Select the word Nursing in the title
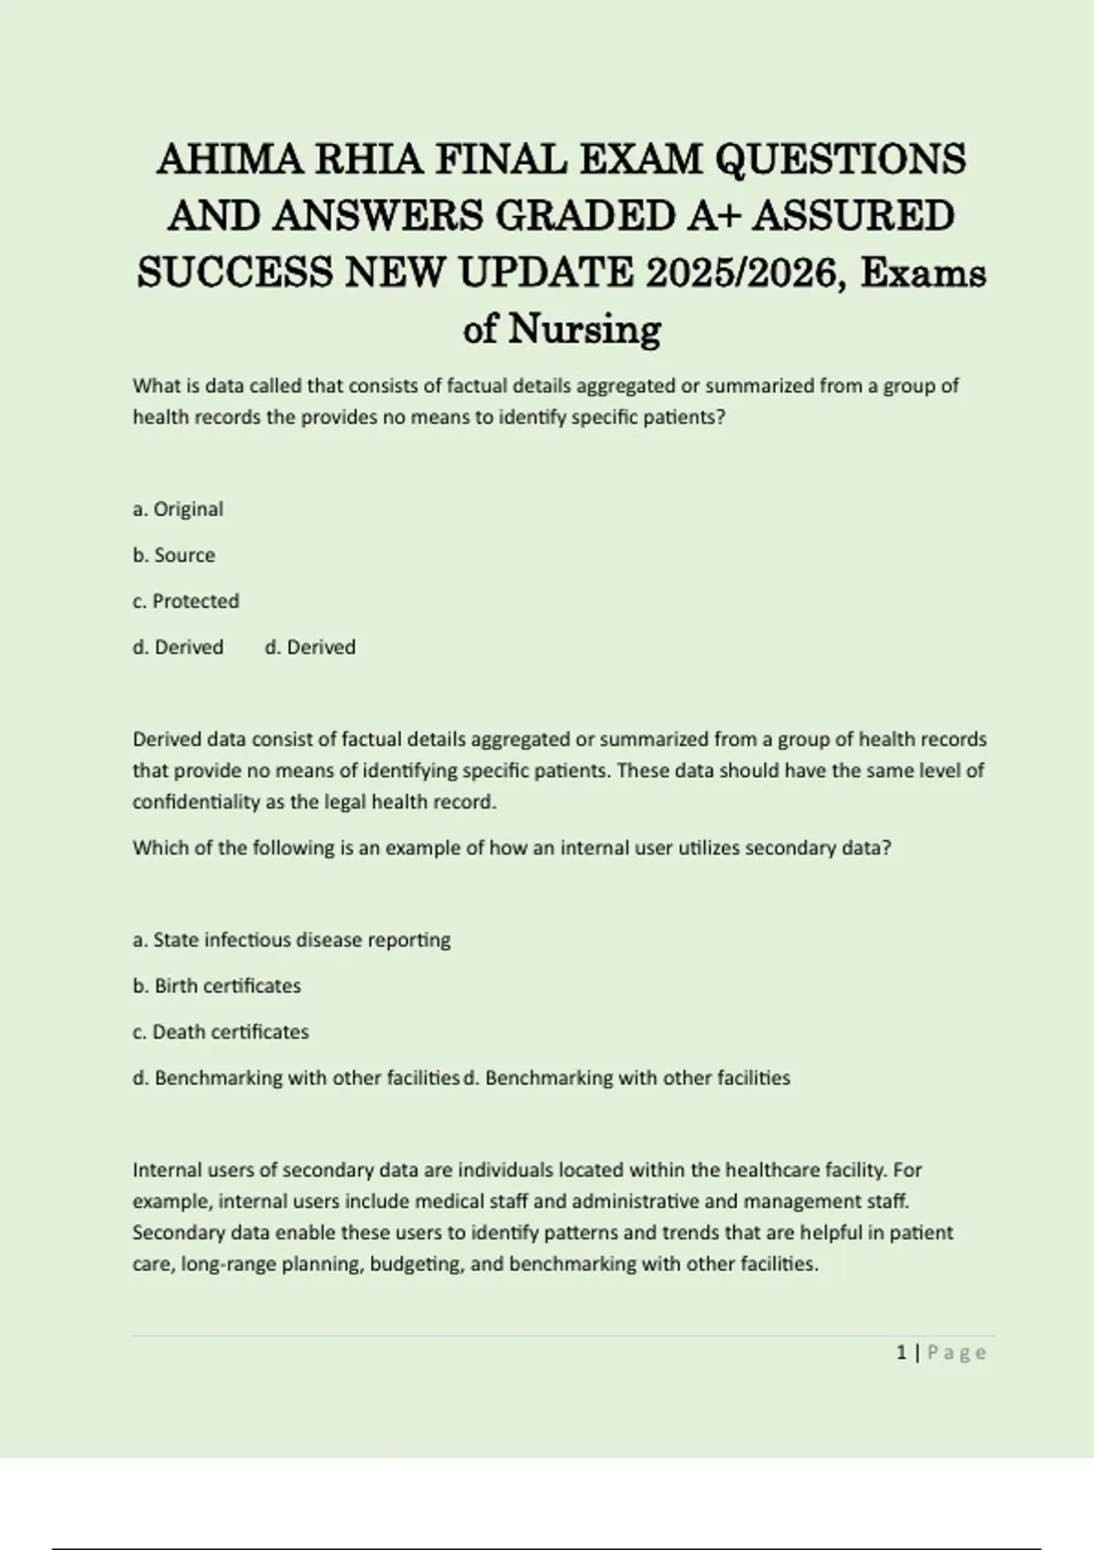pos(584,329)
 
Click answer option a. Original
pos(178,509)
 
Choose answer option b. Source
pos(174,555)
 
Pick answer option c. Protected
pos(186,601)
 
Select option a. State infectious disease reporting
pos(292,939)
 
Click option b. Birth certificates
pos(217,986)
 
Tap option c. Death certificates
pos(221,1031)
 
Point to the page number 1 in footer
pos(902,1353)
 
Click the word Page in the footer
pos(956,1353)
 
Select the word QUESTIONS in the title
pos(841,160)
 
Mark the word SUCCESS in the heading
pos(235,273)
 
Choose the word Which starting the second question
pos(159,848)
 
